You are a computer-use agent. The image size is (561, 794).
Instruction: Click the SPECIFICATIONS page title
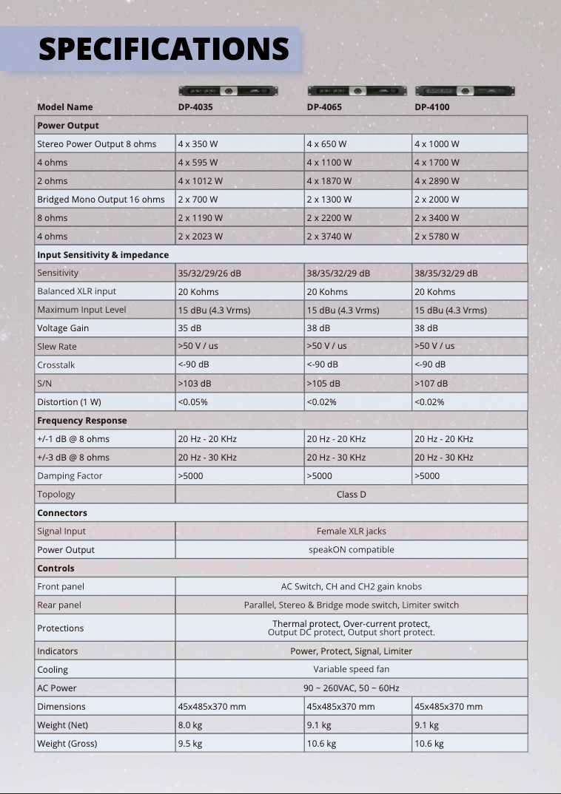164,49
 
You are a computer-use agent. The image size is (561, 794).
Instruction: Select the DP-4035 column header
195,107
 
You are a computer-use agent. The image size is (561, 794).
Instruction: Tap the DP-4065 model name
324,107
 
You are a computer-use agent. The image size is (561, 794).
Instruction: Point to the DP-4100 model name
431,107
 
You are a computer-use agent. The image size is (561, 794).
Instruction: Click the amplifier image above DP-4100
465,91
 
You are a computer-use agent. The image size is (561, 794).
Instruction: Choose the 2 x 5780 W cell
437,237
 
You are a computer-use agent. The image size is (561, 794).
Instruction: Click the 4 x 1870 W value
329,181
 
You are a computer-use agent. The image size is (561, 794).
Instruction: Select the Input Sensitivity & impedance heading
103,255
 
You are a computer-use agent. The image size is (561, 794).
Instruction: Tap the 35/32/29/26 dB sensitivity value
209,274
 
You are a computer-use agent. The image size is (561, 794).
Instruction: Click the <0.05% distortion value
192,402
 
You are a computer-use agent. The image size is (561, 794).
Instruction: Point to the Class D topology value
351,495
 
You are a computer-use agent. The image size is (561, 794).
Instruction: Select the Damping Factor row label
70,476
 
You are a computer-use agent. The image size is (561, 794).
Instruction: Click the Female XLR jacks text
351,531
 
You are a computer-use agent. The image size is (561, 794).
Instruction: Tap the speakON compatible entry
351,550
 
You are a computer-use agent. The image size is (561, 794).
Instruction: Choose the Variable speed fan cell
351,670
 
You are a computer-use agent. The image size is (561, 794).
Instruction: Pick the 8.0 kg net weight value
189,725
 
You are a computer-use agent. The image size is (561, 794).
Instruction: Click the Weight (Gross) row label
67,744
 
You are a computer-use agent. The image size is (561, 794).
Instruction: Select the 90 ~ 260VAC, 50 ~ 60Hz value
351,688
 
